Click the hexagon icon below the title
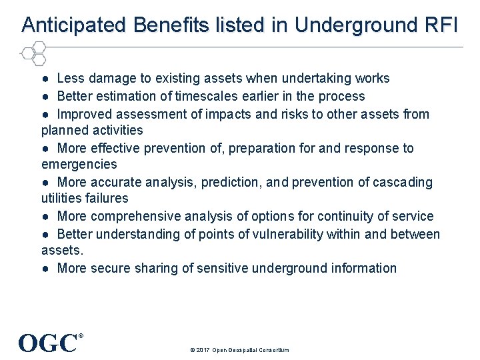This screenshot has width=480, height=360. (x=33, y=53)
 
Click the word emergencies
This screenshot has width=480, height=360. (x=79, y=164)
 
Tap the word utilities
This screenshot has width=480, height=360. (x=65, y=198)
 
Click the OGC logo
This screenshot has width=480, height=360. (x=48, y=343)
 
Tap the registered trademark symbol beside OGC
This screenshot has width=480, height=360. (x=81, y=336)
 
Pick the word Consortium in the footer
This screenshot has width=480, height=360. (x=273, y=350)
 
